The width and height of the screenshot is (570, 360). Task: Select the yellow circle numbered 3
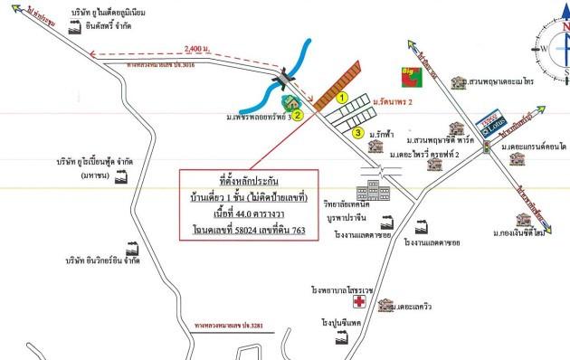[358, 134]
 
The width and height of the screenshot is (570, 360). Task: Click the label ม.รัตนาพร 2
[398, 105]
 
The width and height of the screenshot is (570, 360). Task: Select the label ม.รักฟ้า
[385, 135]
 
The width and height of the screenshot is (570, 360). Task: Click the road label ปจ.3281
[233, 322]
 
